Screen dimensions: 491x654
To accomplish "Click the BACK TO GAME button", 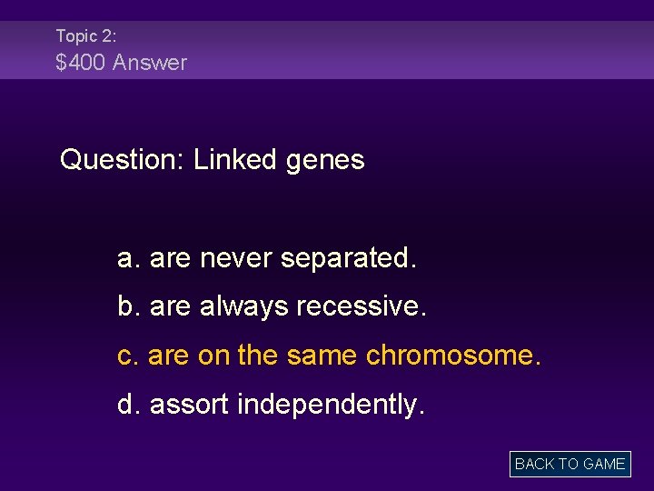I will coord(570,464).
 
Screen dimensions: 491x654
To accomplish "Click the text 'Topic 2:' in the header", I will coord(86,36).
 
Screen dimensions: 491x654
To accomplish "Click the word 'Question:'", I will coord(122,161).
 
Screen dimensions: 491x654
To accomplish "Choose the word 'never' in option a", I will coord(236,259).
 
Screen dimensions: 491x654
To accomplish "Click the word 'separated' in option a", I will coord(346,259).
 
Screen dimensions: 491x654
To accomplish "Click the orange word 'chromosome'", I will coord(451,356).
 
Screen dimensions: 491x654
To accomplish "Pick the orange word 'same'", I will coord(322,356).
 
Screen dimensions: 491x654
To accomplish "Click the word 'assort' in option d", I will coord(189,405).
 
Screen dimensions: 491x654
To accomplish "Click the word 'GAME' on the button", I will coord(604,464).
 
